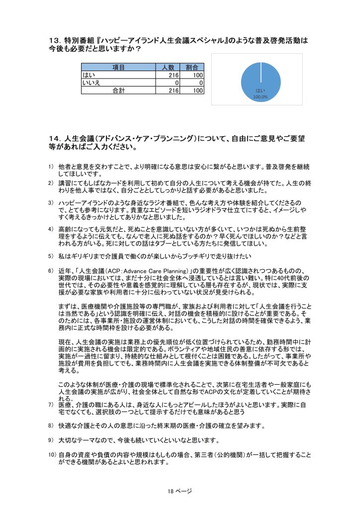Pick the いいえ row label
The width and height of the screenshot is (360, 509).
(x=91, y=83)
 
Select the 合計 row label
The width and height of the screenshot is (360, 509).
(x=118, y=90)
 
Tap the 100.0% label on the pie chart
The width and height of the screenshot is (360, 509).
(x=260, y=97)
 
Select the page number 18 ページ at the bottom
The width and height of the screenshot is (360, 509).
(x=180, y=491)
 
